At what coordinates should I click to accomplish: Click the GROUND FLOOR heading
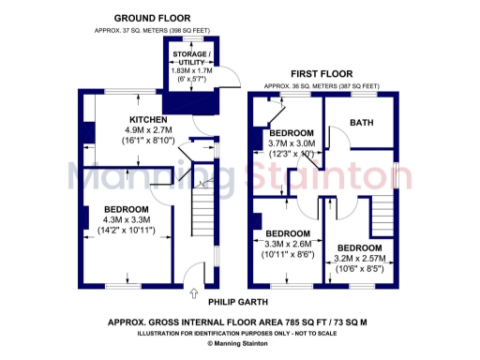point(153,18)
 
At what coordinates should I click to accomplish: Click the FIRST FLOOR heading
point(321,73)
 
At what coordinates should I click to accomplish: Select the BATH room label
point(361,123)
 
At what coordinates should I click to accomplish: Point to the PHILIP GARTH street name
point(237,301)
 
